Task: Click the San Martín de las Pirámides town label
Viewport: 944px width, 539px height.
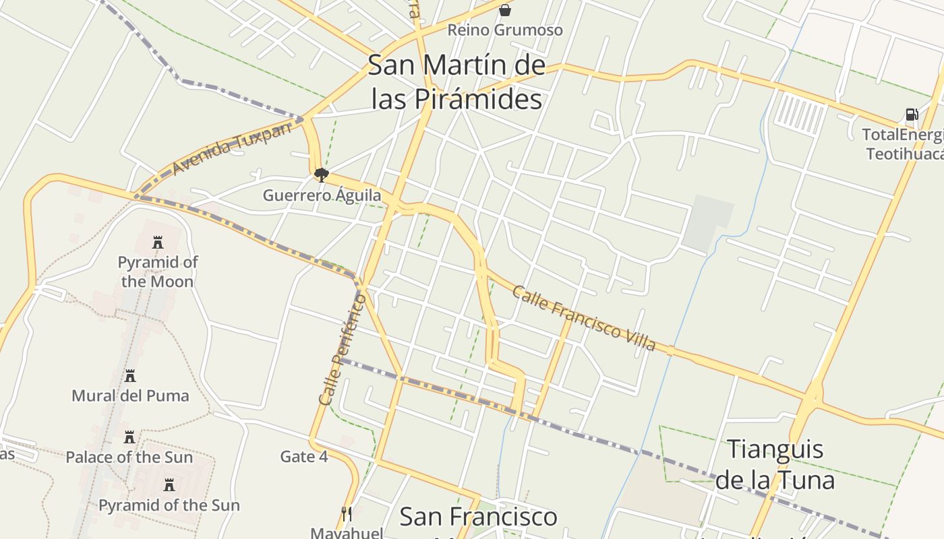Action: click(x=456, y=82)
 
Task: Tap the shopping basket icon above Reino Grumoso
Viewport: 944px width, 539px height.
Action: click(x=504, y=10)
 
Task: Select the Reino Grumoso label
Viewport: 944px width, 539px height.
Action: click(x=504, y=30)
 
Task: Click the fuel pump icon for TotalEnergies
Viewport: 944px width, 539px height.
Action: click(x=912, y=115)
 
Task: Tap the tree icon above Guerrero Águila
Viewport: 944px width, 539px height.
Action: click(x=322, y=175)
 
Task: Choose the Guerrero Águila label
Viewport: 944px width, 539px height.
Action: click(x=322, y=195)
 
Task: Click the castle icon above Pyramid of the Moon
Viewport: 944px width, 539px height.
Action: click(x=158, y=242)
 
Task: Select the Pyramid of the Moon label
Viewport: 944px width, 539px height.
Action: click(x=158, y=272)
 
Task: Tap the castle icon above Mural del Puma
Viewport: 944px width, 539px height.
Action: click(x=130, y=375)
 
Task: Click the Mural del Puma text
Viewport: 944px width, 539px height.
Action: click(x=130, y=395)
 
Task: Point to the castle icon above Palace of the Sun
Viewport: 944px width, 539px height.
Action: click(x=129, y=437)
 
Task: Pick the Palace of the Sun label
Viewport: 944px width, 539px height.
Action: click(x=129, y=457)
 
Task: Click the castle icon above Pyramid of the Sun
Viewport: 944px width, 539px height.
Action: click(x=169, y=484)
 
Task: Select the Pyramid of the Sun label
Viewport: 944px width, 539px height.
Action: click(x=169, y=505)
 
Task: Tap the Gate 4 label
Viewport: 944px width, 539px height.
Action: click(x=304, y=457)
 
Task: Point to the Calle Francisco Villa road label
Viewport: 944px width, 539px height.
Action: click(x=583, y=319)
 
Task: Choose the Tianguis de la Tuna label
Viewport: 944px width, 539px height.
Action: click(x=775, y=464)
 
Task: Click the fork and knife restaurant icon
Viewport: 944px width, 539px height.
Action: click(x=347, y=514)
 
